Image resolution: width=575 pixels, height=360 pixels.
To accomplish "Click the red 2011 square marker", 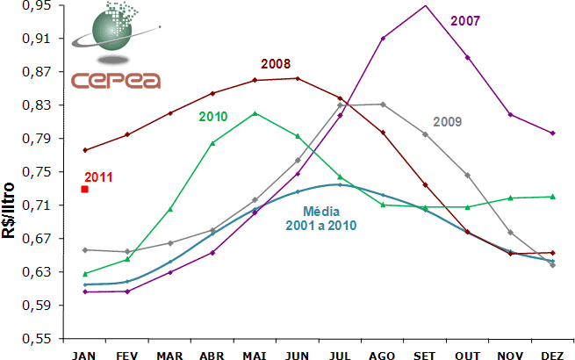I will coord(84,189).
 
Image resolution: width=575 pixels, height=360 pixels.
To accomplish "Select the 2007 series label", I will coord(465,20).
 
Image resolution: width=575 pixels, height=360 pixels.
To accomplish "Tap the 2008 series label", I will coord(276,63).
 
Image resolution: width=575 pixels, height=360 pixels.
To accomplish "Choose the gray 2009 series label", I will coord(448,122).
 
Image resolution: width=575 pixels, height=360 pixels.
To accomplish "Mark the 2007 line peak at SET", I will coord(425,5).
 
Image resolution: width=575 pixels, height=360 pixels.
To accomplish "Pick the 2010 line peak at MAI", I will coord(255,113).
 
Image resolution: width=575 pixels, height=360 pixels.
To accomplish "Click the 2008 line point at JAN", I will coord(85,150).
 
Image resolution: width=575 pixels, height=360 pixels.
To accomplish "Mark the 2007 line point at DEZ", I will coord(552,133).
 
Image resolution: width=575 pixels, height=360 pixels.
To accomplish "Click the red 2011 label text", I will coord(99,177).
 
